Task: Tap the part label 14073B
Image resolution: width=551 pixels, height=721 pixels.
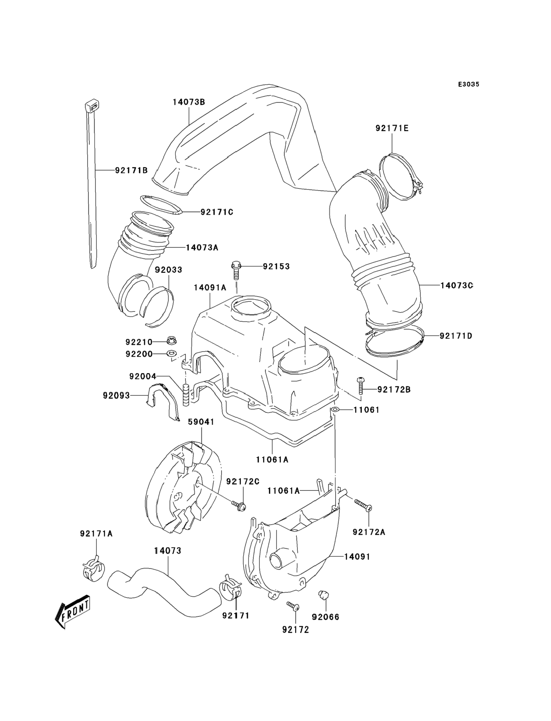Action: pos(189,102)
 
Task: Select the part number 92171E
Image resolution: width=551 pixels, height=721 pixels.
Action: pos(392,128)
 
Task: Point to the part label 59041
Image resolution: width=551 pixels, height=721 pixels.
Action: pos(201,422)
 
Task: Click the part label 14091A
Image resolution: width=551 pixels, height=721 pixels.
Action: pos(210,288)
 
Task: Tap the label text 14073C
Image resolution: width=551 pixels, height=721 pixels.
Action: pos(457,285)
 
